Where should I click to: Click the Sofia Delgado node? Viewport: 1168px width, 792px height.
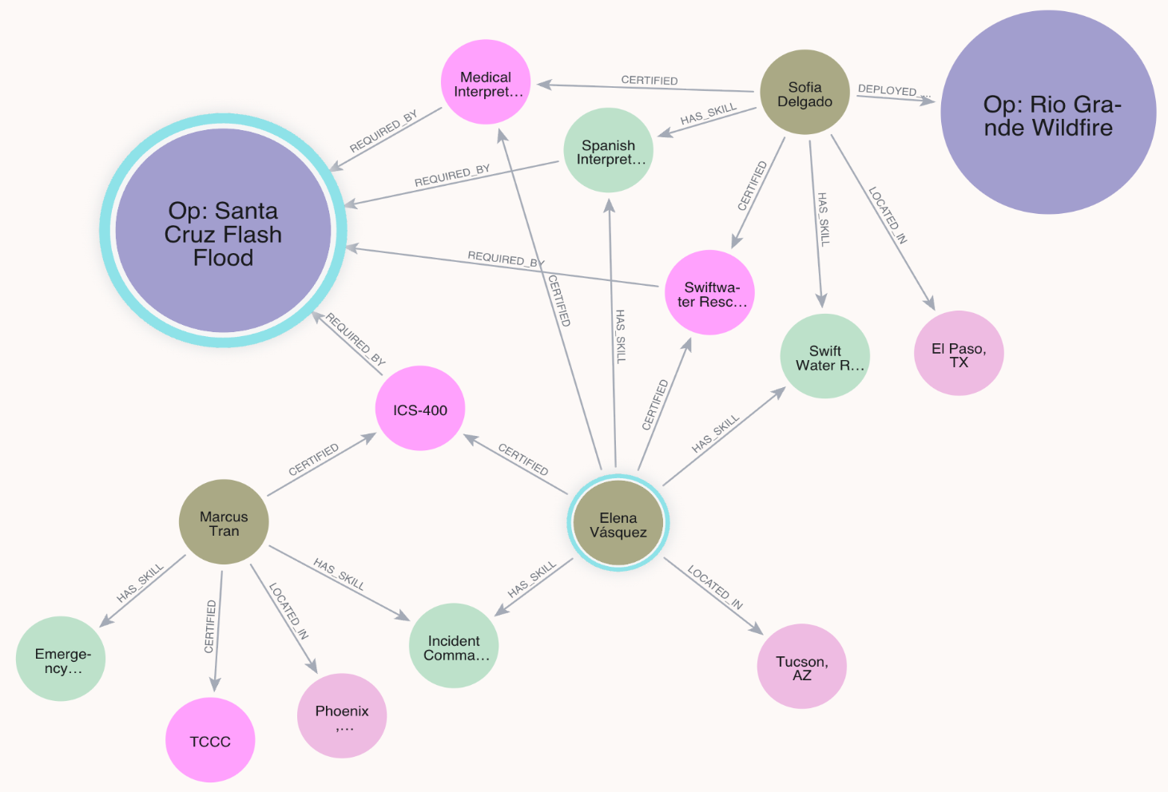click(804, 93)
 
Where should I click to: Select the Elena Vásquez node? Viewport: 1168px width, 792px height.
click(618, 523)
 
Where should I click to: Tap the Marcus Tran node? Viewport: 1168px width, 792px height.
click(224, 521)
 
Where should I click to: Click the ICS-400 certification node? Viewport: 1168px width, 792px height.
click(419, 409)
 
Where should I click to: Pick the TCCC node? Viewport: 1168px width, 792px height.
click(210, 740)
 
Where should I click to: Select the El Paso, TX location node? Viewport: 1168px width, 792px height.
click(959, 353)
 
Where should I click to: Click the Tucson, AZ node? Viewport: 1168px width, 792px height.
click(801, 667)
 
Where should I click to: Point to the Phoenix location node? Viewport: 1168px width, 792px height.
click(342, 716)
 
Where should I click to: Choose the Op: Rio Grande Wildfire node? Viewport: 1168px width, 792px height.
click(1048, 112)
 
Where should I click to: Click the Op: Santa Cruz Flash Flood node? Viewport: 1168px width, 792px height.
click(223, 230)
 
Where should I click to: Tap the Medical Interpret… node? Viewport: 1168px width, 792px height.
click(486, 82)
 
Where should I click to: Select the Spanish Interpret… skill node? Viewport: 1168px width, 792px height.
click(609, 150)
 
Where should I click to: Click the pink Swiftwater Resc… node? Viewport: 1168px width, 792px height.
click(709, 293)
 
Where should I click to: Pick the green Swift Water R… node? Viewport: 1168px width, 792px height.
click(825, 356)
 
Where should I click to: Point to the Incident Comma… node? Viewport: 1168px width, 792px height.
click(454, 646)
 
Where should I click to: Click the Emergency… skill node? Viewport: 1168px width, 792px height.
click(61, 659)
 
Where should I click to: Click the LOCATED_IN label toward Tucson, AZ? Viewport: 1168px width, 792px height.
click(714, 588)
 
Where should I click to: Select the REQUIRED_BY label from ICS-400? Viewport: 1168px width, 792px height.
click(355, 339)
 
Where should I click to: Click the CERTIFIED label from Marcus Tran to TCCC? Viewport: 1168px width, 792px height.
click(209, 626)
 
